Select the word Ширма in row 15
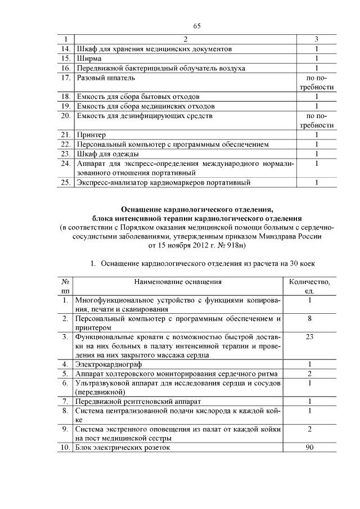coord(89,58)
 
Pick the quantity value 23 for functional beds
coord(309,336)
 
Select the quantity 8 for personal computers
coord(309,318)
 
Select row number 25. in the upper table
coord(65,182)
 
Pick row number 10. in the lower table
coord(65,448)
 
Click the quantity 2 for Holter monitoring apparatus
coord(309,374)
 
